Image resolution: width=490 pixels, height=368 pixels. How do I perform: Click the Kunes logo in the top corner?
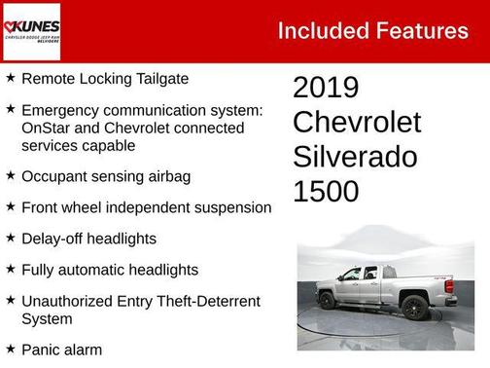click(31, 31)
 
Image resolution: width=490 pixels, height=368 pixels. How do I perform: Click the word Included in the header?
click(317, 31)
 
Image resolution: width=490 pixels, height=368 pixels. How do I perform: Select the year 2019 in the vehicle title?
click(326, 88)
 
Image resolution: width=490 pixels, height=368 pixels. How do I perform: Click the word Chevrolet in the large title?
click(357, 123)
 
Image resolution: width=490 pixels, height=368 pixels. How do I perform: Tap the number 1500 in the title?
click(326, 191)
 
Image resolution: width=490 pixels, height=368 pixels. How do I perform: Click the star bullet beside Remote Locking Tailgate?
click(10, 78)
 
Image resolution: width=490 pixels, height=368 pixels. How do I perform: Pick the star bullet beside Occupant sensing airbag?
click(10, 176)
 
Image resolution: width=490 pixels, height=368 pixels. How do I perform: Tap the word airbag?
click(166, 176)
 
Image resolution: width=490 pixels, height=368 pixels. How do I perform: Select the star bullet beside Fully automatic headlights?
click(10, 270)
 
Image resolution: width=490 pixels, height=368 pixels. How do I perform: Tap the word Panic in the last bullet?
click(41, 349)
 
